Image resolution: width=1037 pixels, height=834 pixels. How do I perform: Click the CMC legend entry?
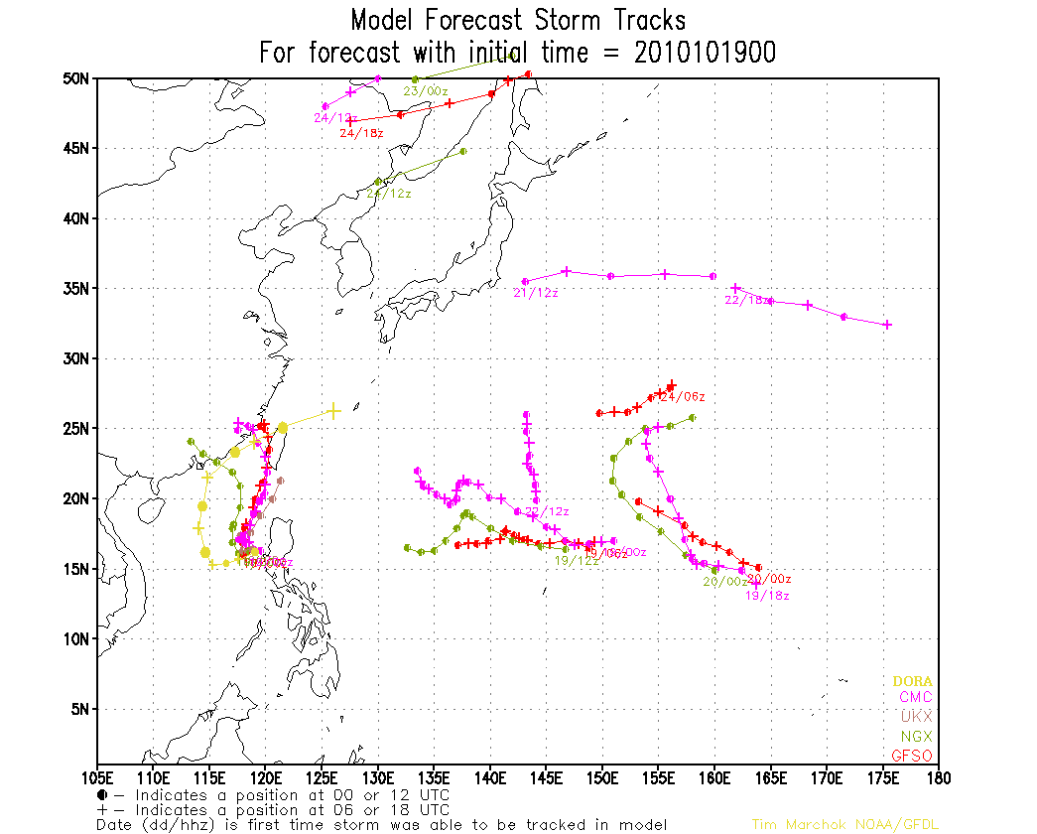[914, 698]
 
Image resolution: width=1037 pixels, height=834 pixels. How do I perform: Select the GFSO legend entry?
[911, 756]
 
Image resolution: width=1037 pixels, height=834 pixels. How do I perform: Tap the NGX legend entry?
[915, 737]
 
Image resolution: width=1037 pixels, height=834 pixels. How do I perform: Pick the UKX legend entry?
[915, 717]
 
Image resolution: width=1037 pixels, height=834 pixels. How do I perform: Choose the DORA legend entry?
[912, 681]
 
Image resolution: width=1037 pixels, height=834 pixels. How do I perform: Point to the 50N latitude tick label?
[76, 78]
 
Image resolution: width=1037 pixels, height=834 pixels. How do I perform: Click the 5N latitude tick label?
[80, 709]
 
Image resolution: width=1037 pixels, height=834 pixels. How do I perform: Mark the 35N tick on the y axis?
[76, 289]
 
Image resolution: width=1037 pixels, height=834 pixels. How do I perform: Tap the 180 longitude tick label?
[937, 776]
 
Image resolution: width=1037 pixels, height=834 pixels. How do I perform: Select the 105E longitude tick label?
[97, 776]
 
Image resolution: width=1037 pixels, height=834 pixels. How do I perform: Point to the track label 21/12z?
[536, 293]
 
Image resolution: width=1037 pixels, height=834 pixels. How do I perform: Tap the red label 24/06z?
[683, 397]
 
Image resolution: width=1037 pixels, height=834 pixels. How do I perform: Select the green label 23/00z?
[424, 90]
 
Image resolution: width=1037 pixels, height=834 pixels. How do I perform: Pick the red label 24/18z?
[362, 132]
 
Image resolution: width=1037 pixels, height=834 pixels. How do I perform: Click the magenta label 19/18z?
[767, 596]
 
